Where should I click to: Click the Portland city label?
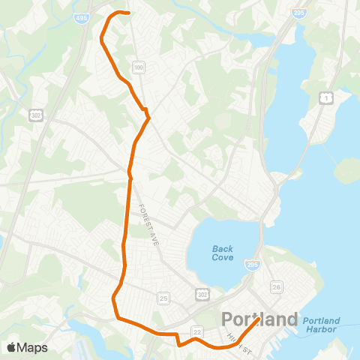tap(259, 319)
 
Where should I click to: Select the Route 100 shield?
tap(138, 68)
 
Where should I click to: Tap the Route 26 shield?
tap(277, 287)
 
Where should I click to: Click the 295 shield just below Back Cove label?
tap(252, 265)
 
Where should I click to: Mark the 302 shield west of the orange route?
tap(37, 115)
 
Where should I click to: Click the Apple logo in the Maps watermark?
tap(11, 347)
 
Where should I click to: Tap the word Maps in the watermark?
tap(32, 347)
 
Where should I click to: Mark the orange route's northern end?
tap(129, 13)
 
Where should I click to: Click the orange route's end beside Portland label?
tap(259, 319)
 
